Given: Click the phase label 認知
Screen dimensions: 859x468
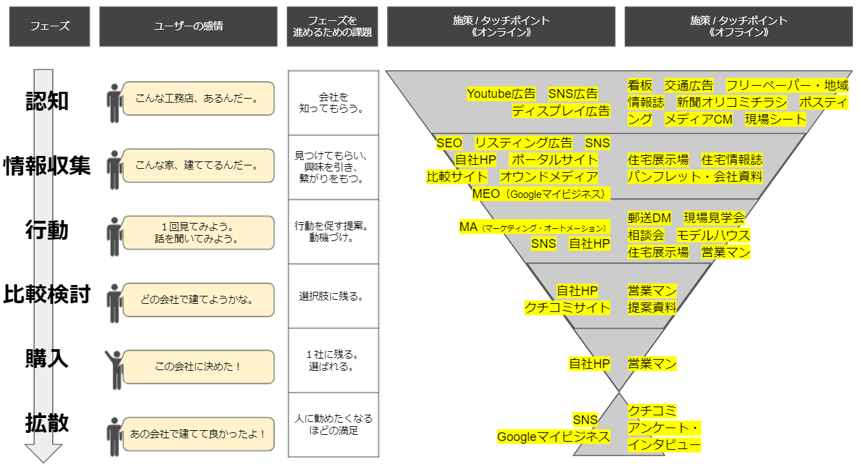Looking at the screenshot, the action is pos(47,101).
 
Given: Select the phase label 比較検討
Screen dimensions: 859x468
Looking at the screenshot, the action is pos(47,294).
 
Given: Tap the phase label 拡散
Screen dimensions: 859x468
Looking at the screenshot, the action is pos(47,423).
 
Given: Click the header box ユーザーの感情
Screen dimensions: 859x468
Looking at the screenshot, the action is pos(188,26).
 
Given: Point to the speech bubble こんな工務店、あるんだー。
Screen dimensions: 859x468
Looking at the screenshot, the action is pos(199,99).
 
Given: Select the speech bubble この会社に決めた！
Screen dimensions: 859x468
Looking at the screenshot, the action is pos(199,367).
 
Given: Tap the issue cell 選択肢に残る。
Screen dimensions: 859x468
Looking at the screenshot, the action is pos(333,296).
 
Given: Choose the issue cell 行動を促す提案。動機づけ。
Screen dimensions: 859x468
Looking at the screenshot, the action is pos(333,232).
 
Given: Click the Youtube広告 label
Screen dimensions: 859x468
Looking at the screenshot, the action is pos(501,94).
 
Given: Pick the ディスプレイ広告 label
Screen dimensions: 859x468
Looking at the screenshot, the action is pos(561,111).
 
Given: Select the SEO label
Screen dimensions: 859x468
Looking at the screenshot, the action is pos(449,143).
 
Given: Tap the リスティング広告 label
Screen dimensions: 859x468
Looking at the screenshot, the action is pos(523,143).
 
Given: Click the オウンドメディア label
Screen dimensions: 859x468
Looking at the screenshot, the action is pos(549,177).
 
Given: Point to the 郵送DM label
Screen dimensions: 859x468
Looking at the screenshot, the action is pos(649,218).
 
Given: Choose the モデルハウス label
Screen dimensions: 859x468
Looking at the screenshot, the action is pos(713,235).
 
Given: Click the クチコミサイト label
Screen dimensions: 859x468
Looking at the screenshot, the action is pos(567,308).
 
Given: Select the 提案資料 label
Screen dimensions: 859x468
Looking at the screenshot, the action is pos(652,308).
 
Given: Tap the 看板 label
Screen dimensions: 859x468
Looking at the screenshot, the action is pos(640,85).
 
